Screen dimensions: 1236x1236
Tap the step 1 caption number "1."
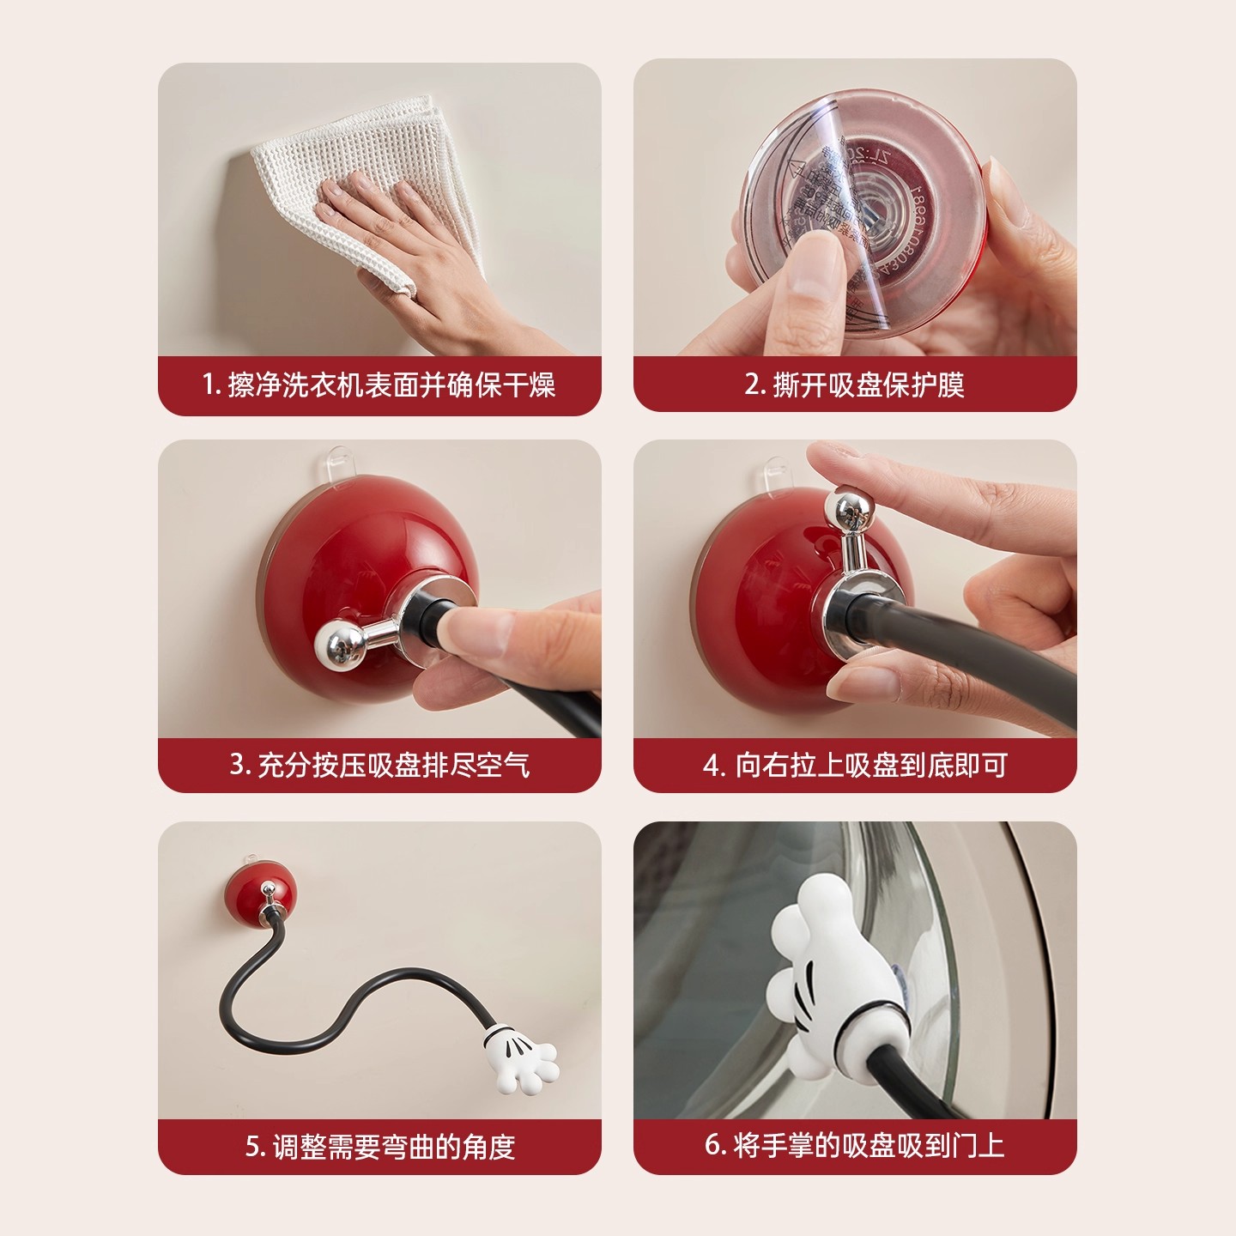(211, 385)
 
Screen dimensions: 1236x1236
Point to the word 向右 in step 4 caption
(761, 765)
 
